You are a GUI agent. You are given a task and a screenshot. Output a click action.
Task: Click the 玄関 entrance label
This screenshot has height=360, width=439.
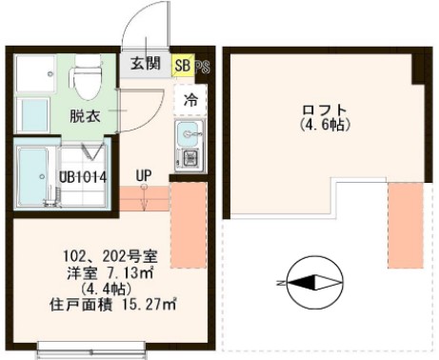(145, 65)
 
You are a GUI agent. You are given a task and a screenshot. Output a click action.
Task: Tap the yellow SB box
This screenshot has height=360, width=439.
(182, 65)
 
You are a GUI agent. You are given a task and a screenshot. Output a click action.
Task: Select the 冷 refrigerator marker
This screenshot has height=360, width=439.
(190, 99)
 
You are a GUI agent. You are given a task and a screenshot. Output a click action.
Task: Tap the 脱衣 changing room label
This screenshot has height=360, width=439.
(86, 117)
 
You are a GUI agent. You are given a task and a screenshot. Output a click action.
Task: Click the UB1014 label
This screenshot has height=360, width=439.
(83, 177)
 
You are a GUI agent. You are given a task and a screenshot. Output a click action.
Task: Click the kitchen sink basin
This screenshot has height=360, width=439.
(187, 131)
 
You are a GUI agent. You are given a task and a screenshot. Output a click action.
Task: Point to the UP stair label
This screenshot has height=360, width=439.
(144, 176)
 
